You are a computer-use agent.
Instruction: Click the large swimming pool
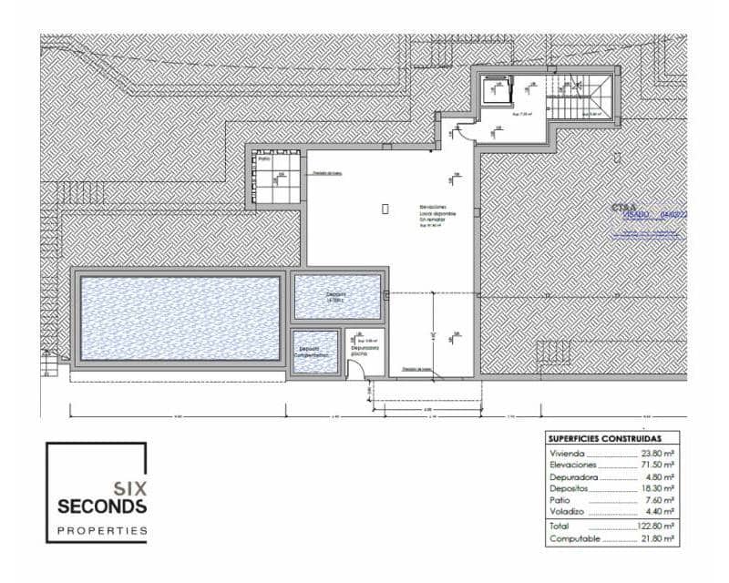pyautogui.click(x=180, y=318)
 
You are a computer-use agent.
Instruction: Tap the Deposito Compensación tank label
pyautogui.click(x=314, y=352)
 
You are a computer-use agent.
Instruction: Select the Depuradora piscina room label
pyautogui.click(x=366, y=348)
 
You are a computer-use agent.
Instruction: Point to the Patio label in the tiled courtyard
pyautogui.click(x=264, y=159)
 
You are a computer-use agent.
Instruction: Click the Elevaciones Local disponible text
pyautogui.click(x=437, y=213)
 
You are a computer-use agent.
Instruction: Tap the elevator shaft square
pyautogui.click(x=498, y=92)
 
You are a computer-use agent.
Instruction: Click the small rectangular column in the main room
pyautogui.click(x=385, y=209)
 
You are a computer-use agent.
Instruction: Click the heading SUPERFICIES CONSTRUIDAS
pyautogui.click(x=605, y=437)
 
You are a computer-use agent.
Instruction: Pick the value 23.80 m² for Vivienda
pyautogui.click(x=657, y=453)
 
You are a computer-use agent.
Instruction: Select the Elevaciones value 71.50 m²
pyautogui.click(x=657, y=465)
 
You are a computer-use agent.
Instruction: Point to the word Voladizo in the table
pyautogui.click(x=567, y=511)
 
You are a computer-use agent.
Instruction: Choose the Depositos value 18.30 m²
pyautogui.click(x=657, y=488)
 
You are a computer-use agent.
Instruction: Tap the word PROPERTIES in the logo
pyautogui.click(x=102, y=529)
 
